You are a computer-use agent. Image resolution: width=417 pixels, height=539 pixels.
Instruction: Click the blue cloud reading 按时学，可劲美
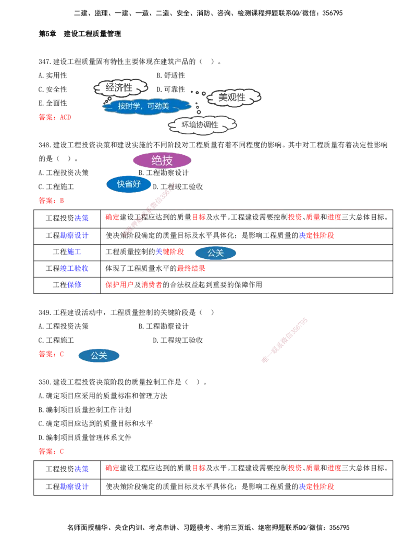(x=144, y=106)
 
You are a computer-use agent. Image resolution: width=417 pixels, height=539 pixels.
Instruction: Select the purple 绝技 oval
(x=162, y=160)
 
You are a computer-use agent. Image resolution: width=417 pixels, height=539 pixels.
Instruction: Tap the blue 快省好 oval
(x=129, y=184)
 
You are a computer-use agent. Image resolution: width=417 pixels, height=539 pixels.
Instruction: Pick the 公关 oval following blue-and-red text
(x=215, y=253)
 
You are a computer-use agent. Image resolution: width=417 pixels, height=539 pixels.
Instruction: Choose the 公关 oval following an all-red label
(x=99, y=356)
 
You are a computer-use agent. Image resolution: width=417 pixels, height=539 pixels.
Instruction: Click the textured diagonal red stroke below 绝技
(x=149, y=208)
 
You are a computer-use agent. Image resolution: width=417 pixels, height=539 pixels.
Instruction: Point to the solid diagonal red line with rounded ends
(x=285, y=339)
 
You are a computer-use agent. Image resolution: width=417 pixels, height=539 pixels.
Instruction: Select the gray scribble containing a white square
(x=229, y=96)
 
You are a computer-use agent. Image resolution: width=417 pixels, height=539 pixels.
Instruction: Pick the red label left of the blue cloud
(x=54, y=117)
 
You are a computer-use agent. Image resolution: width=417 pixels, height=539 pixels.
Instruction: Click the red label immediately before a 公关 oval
(x=51, y=355)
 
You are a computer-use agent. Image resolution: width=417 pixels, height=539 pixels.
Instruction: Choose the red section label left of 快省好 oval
(x=51, y=200)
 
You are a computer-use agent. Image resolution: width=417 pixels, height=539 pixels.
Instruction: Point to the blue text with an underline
(x=80, y=285)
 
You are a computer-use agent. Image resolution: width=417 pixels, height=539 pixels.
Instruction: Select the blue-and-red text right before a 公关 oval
(x=170, y=252)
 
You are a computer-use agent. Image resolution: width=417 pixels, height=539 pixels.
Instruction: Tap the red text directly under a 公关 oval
(x=191, y=269)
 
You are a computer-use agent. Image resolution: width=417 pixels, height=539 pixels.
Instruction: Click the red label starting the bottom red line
(x=51, y=452)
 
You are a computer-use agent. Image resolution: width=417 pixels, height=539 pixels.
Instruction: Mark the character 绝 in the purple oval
(x=156, y=160)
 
